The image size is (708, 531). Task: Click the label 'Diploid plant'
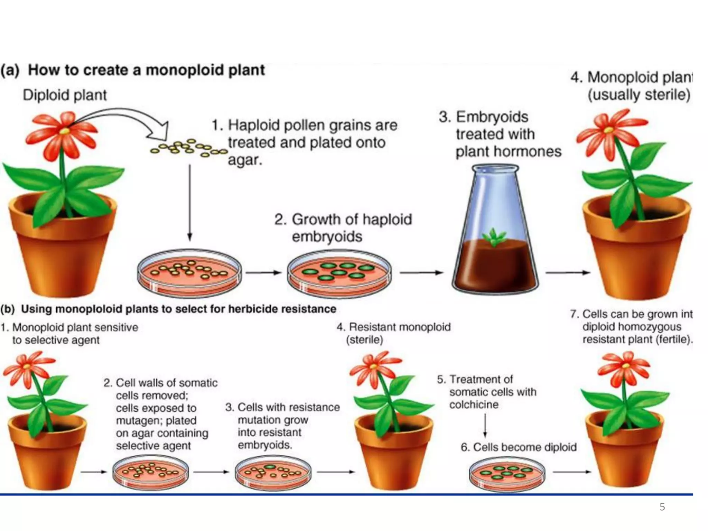coord(65,95)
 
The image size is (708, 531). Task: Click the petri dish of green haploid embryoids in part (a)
coord(339,273)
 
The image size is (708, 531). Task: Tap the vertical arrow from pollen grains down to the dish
coord(189,203)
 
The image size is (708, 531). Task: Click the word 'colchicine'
coord(474,404)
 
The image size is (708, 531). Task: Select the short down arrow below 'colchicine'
coord(485,426)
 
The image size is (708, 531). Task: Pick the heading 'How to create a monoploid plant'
coord(146,70)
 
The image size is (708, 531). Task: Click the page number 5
coord(662,507)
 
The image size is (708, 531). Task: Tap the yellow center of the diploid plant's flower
coord(65,131)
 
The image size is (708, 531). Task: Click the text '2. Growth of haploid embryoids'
coord(343,228)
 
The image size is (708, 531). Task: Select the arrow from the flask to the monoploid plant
coord(567,272)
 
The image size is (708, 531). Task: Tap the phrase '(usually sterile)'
coord(639,95)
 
